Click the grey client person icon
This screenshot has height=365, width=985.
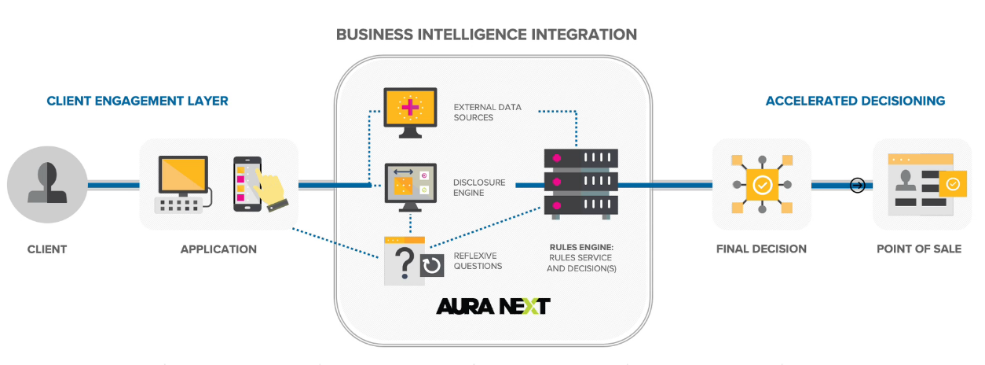coord(47,185)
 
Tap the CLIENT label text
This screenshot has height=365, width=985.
coord(47,249)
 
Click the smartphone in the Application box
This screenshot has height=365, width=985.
coord(246,185)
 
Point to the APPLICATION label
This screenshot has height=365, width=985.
coord(218,249)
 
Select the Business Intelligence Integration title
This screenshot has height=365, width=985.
coord(486,35)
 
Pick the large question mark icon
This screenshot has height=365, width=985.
coord(405,261)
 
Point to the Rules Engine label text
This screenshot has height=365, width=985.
coord(581,258)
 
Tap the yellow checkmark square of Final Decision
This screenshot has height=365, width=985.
coord(761,186)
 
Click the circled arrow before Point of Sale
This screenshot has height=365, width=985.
coord(858,186)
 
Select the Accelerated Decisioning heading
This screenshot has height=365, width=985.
coord(855,101)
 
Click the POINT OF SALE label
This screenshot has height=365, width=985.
coord(918,249)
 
